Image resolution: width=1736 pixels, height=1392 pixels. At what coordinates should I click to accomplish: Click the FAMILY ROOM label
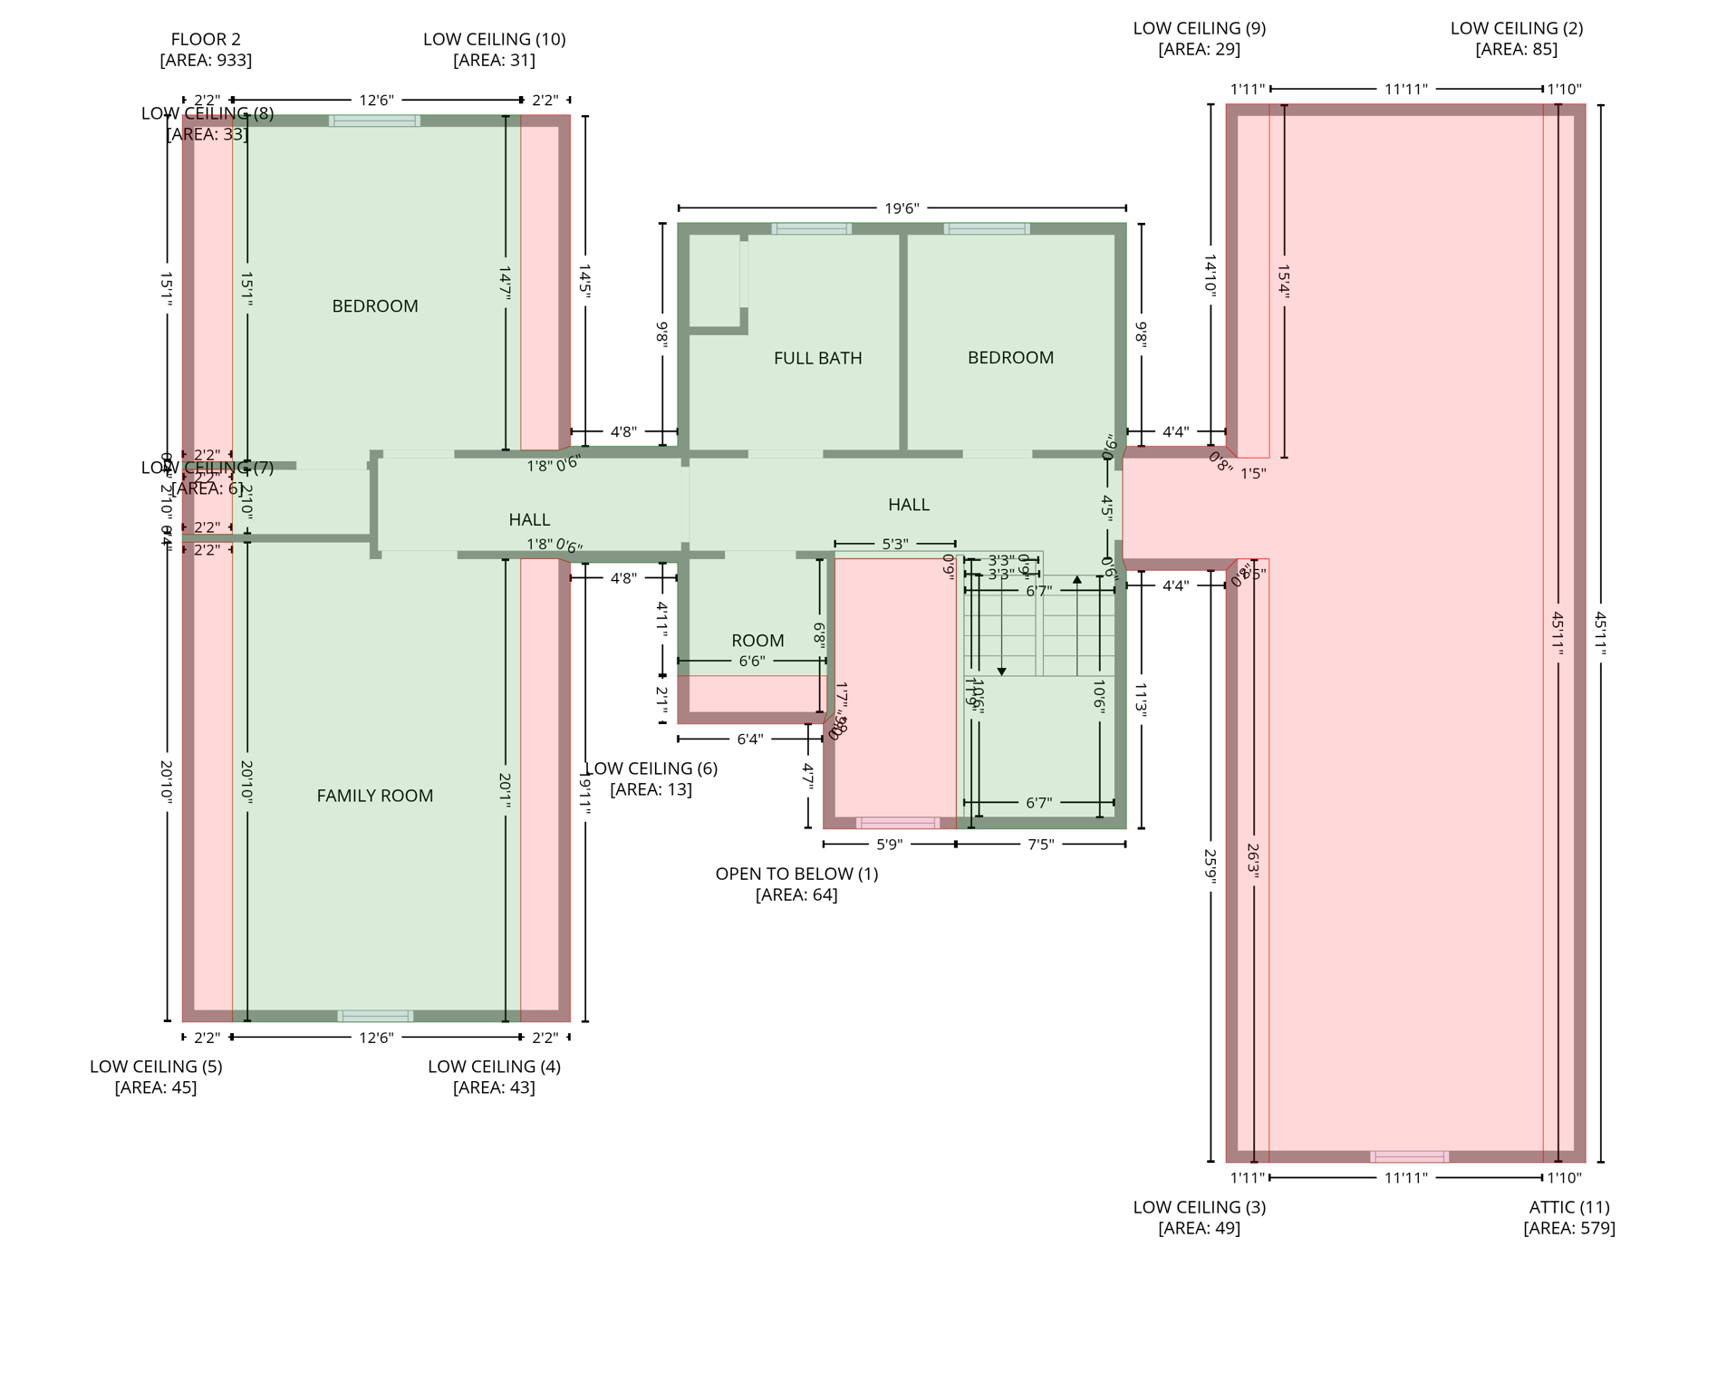[374, 796]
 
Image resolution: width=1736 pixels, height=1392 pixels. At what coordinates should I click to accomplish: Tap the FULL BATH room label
[817, 358]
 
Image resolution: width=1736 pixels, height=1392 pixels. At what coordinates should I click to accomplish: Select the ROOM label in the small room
[757, 641]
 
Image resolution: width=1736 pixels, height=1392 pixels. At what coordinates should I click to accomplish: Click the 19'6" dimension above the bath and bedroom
[902, 208]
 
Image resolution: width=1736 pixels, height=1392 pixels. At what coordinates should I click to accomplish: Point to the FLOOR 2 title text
[206, 39]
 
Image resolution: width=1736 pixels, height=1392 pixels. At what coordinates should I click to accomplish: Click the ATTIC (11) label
[1568, 1207]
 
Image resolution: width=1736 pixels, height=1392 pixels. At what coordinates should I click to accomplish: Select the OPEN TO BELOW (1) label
[796, 874]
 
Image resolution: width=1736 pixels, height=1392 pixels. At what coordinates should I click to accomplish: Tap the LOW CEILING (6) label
[651, 768]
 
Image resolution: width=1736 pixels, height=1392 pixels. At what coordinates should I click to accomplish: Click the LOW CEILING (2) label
[1516, 28]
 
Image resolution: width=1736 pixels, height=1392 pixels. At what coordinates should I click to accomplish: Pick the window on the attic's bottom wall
[1409, 1156]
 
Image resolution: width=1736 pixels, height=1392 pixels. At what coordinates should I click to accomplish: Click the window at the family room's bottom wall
[375, 1016]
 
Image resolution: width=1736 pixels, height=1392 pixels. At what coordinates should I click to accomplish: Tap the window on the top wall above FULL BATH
[811, 229]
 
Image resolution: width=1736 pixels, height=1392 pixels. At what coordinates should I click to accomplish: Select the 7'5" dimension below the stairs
[1040, 845]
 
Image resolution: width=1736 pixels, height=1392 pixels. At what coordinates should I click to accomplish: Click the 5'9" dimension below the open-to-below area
[889, 845]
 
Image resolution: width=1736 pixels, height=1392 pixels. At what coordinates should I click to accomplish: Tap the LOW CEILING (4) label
[494, 1067]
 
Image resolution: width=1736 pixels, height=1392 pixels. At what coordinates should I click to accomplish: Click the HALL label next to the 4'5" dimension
[908, 505]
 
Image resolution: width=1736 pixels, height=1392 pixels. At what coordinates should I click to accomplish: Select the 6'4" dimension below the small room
[749, 739]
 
